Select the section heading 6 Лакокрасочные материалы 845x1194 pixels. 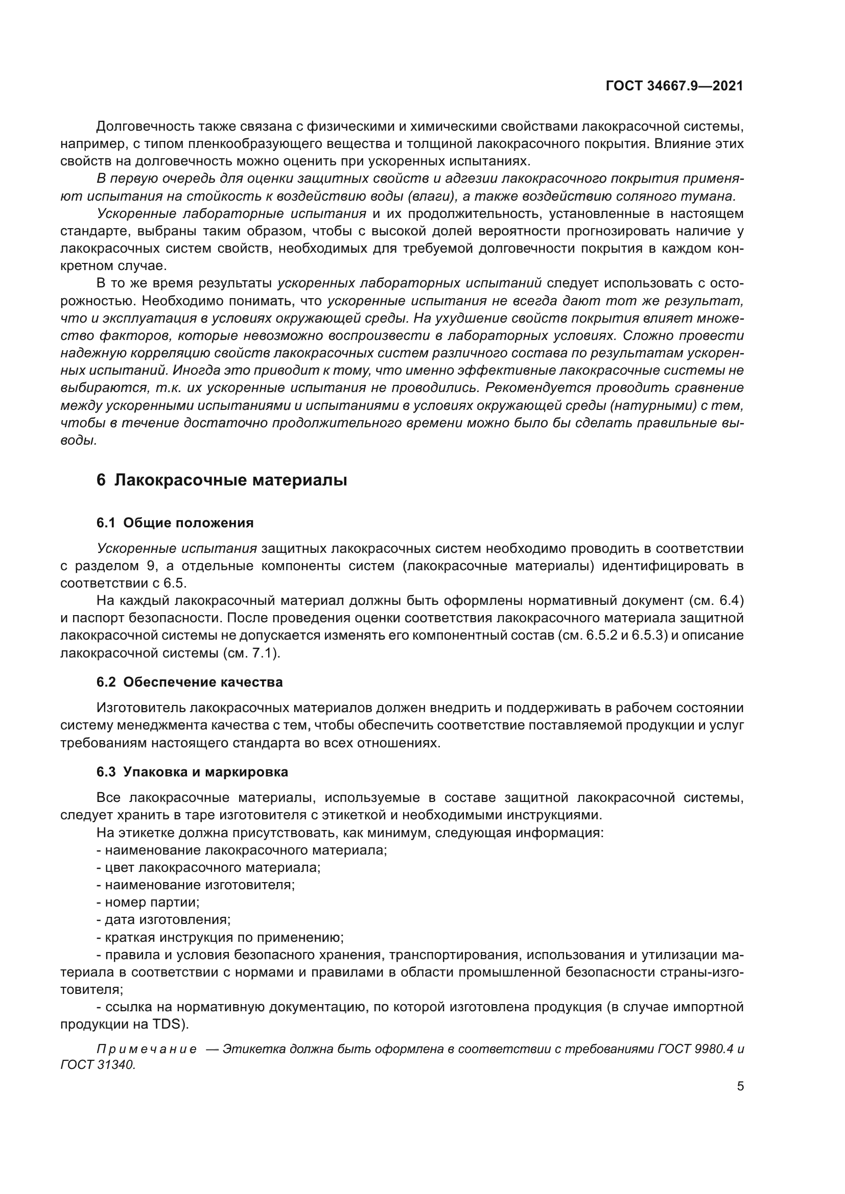[x=222, y=480]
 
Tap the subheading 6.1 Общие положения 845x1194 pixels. [x=175, y=523]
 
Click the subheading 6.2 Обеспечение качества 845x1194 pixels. [x=190, y=683]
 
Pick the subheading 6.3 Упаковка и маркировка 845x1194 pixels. [x=192, y=772]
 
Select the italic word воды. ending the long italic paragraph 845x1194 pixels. [x=78, y=441]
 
